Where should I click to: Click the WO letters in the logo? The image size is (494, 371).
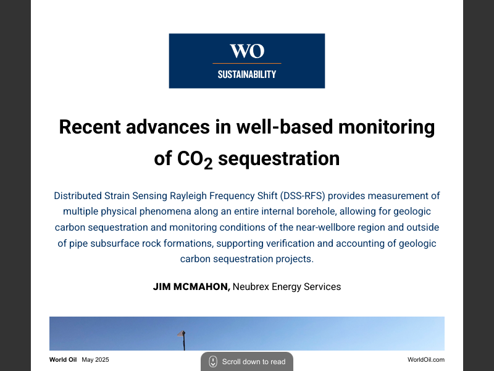click(x=247, y=51)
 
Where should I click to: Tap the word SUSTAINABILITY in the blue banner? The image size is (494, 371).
click(x=247, y=75)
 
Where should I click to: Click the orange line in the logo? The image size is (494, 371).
click(x=247, y=63)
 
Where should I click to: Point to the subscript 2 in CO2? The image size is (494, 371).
click(x=208, y=163)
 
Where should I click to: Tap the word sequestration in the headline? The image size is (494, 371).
click(x=279, y=158)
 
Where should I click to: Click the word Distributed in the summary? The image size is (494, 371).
click(x=80, y=196)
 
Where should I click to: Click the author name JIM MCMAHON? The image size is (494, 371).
click(x=191, y=287)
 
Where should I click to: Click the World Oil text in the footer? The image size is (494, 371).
click(x=63, y=360)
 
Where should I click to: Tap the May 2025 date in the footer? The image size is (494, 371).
click(x=95, y=360)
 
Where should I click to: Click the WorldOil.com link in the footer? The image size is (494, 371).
click(x=426, y=360)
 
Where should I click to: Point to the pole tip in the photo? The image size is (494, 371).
click(x=183, y=333)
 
